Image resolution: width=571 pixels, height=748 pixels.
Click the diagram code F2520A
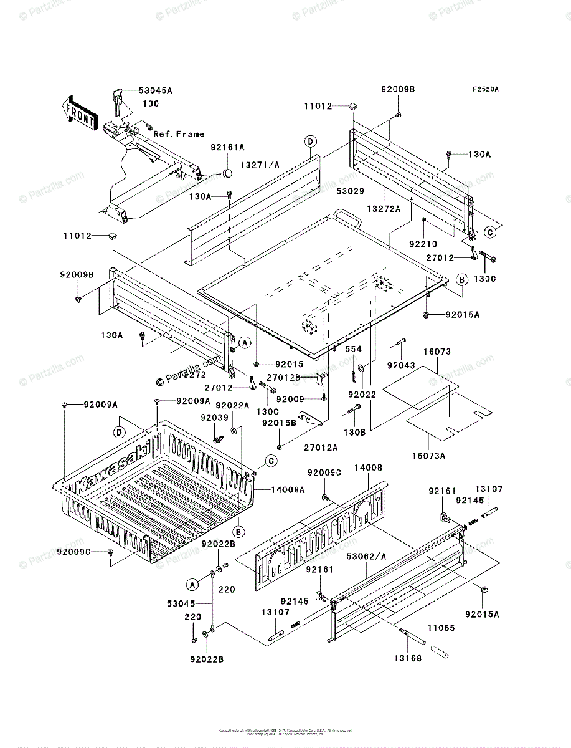click(485, 89)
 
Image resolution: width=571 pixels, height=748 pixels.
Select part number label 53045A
click(155, 90)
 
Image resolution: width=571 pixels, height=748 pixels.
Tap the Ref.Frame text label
click(179, 134)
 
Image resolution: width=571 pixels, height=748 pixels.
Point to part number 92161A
click(227, 147)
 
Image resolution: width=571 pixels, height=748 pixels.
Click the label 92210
click(423, 244)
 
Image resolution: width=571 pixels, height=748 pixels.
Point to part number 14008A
click(287, 490)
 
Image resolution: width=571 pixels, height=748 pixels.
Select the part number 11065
click(441, 628)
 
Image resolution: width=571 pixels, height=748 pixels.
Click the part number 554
click(354, 349)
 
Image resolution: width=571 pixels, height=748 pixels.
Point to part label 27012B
click(283, 377)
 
